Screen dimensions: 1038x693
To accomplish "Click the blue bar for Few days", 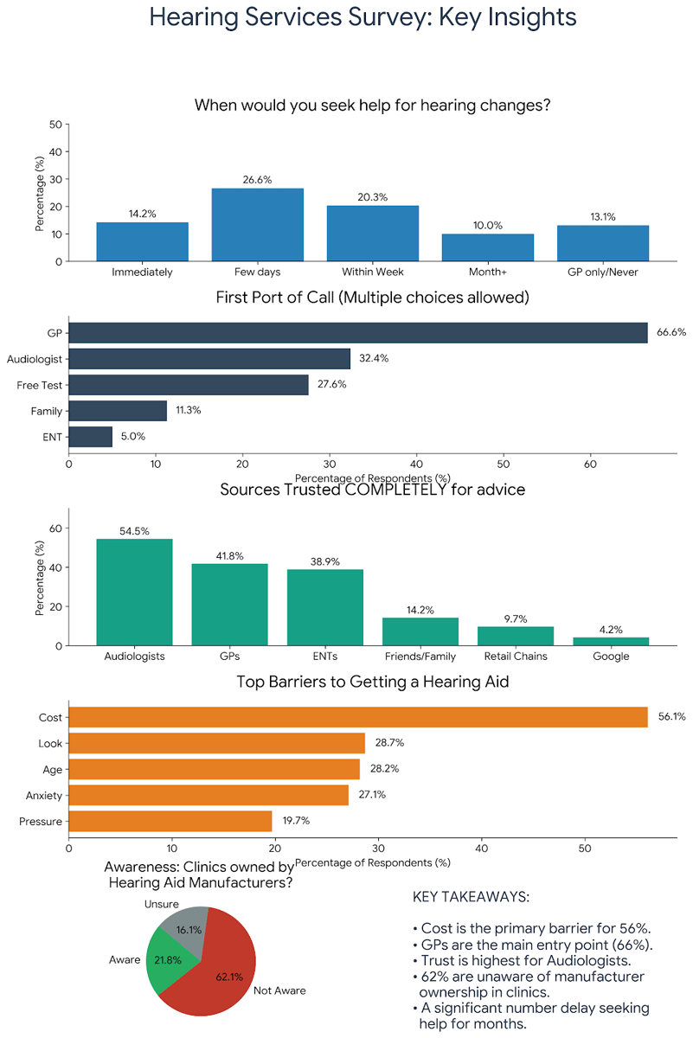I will click(258, 225).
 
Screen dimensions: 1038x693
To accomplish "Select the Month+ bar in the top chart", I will click(488, 247).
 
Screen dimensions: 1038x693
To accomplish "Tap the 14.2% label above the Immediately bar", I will click(142, 214).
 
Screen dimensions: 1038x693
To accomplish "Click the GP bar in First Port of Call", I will click(357, 333).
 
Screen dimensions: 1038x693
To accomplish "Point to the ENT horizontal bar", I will click(90, 437).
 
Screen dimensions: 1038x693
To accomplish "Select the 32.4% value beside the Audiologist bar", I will click(374, 358).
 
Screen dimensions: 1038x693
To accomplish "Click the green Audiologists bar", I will click(134, 593).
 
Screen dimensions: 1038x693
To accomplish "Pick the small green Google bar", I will click(611, 641).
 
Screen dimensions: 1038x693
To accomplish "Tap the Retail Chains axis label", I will click(516, 656).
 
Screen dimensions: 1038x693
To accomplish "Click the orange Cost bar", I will click(357, 717).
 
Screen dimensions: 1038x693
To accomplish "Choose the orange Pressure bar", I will click(170, 821).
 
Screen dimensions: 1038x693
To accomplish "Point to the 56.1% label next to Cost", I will click(671, 717).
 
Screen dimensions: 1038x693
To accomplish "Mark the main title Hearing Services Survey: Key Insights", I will click(363, 16).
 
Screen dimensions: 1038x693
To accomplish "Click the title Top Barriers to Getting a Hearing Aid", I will click(373, 682).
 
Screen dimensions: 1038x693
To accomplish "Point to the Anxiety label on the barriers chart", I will click(44, 795).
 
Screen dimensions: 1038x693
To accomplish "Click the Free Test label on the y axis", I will click(40, 385).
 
